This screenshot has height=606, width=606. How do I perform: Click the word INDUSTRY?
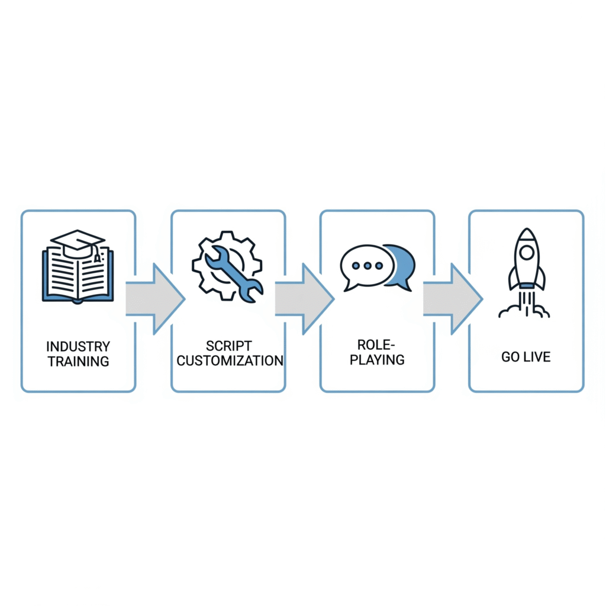pyautogui.click(x=78, y=346)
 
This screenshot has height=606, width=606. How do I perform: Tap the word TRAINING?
pyautogui.click(x=78, y=361)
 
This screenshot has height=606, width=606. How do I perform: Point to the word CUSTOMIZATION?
pyautogui.click(x=230, y=360)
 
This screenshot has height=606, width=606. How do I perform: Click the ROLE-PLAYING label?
pyautogui.click(x=377, y=352)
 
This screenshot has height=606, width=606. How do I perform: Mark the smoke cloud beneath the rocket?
pyautogui.click(x=526, y=308)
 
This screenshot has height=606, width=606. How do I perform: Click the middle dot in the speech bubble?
pyautogui.click(x=368, y=266)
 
